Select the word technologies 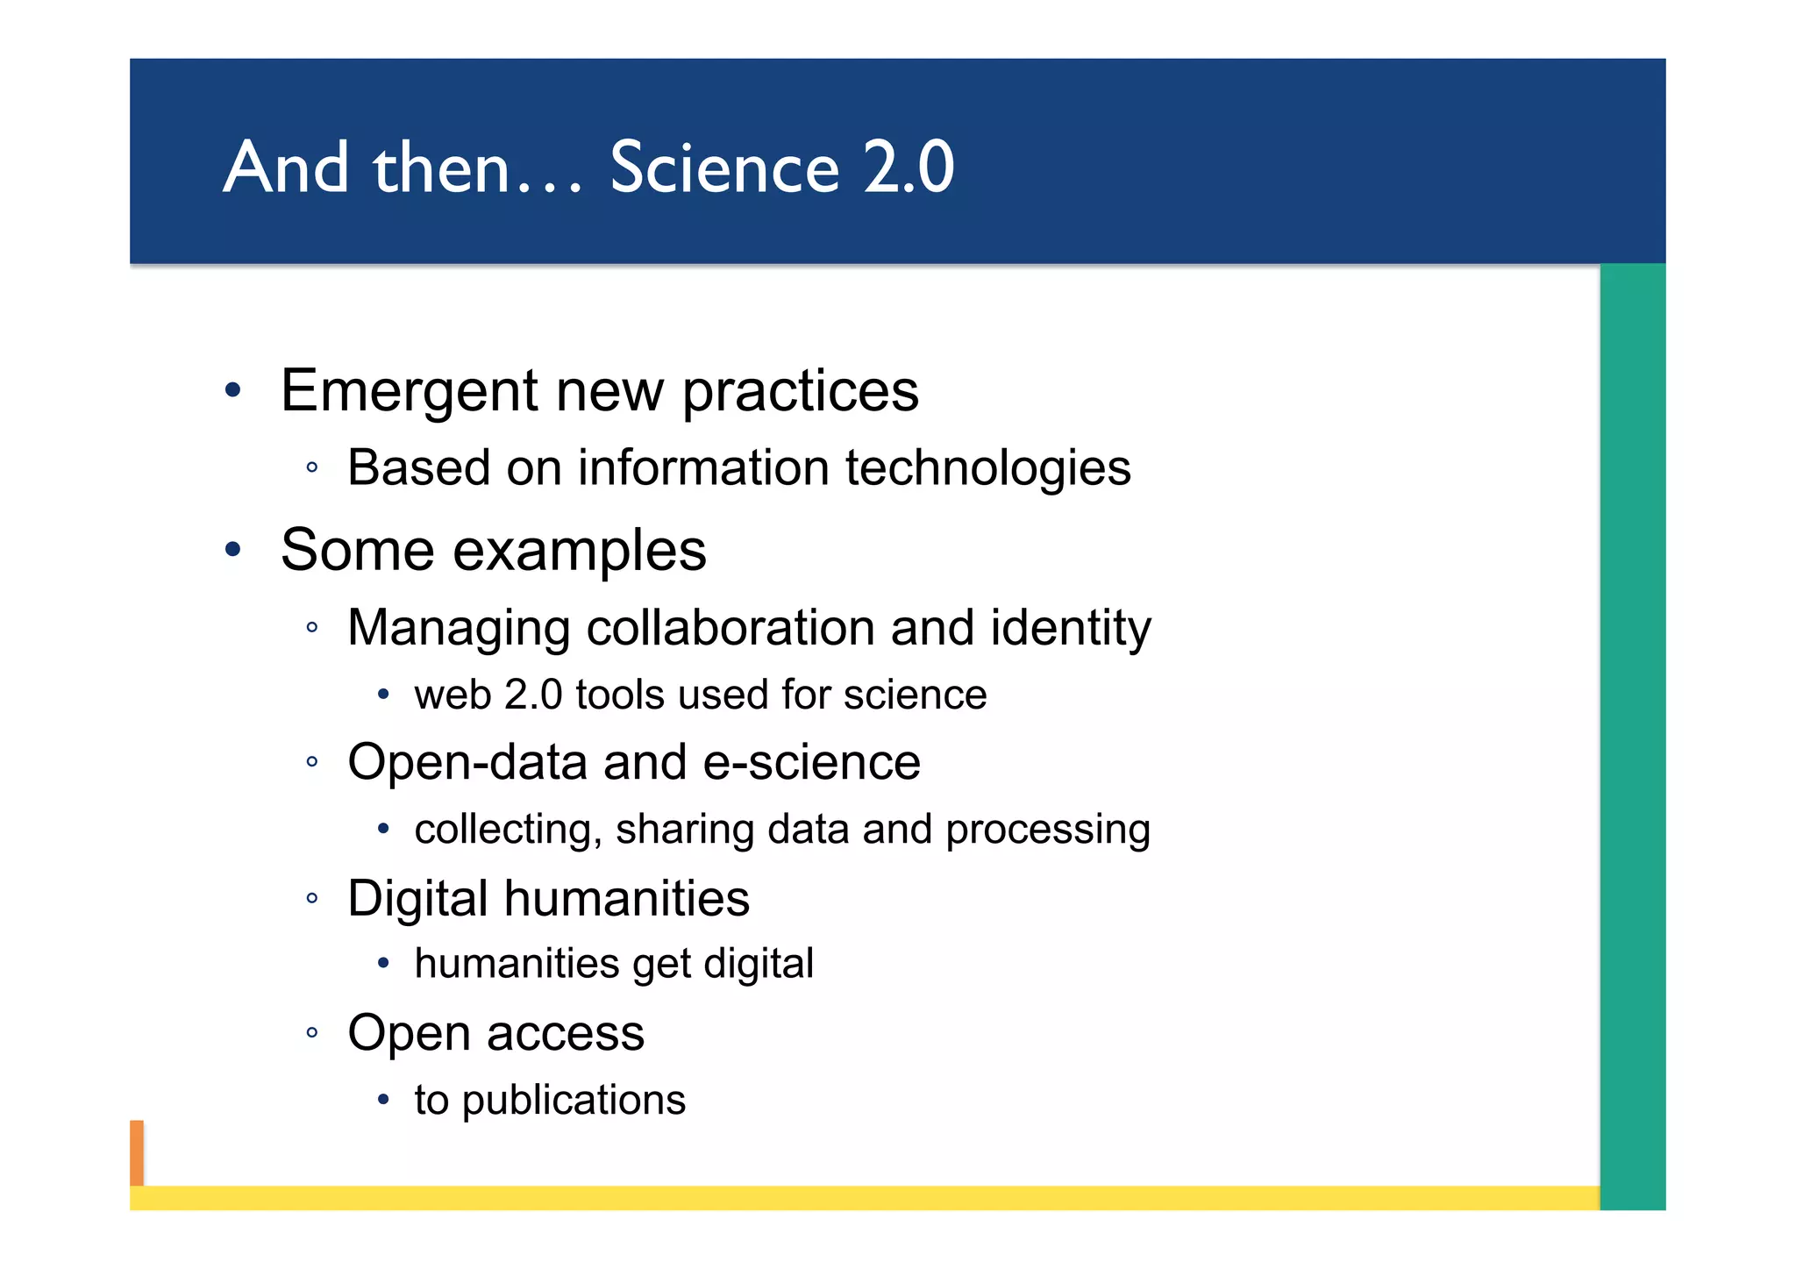click(988, 467)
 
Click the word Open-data click(468, 762)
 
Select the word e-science click(812, 762)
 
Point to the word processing click(1048, 830)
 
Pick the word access click(565, 1033)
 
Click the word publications click(574, 1100)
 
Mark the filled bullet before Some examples click(232, 550)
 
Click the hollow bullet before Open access click(311, 1032)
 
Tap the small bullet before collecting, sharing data click(383, 829)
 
